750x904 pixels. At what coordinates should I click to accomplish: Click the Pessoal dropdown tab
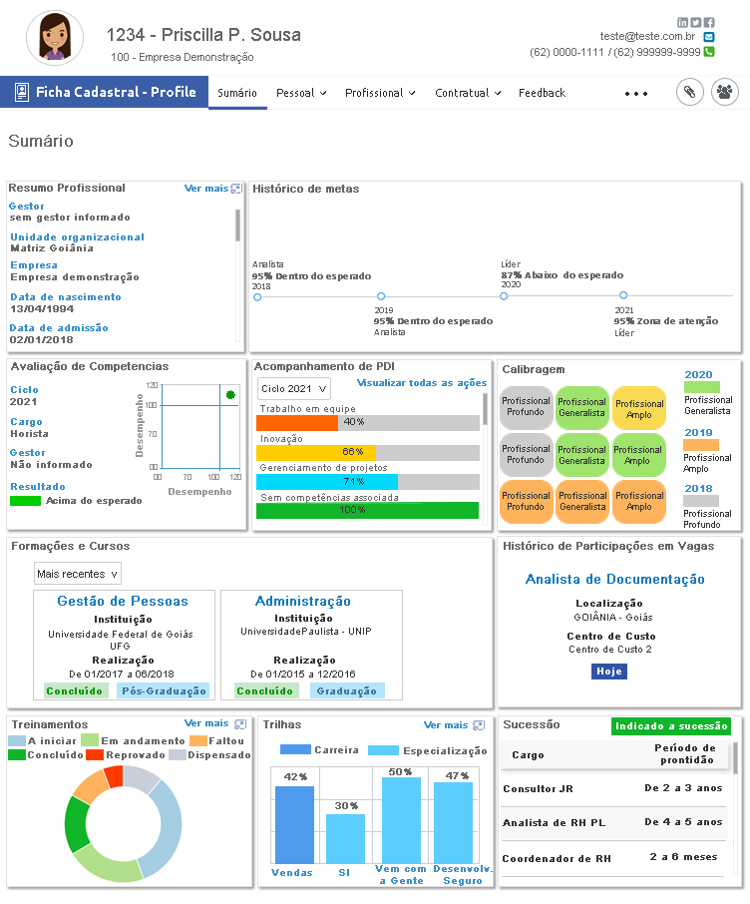pyautogui.click(x=301, y=93)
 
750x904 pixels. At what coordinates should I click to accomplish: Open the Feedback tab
pyautogui.click(x=542, y=93)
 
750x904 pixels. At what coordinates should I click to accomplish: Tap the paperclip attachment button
pyautogui.click(x=689, y=92)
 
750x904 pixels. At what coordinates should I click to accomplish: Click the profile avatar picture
pyautogui.click(x=55, y=38)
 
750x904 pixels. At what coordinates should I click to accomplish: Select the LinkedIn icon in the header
pyautogui.click(x=682, y=23)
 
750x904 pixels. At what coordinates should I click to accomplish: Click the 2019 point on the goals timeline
pyautogui.click(x=381, y=296)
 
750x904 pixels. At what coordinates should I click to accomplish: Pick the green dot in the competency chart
pyautogui.click(x=230, y=395)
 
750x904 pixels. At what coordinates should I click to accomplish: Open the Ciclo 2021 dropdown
pyautogui.click(x=294, y=389)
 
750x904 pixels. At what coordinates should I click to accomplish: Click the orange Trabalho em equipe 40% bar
pyautogui.click(x=297, y=423)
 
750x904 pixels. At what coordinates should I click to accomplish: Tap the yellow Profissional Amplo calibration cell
pyautogui.click(x=639, y=409)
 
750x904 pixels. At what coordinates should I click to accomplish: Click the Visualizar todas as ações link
pyautogui.click(x=422, y=383)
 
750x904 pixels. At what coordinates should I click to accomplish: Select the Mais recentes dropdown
pyautogui.click(x=77, y=574)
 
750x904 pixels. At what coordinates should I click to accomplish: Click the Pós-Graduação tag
pyautogui.click(x=164, y=690)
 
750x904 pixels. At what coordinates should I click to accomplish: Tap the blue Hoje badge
pyautogui.click(x=609, y=672)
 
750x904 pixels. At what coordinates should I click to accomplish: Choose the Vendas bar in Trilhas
pyautogui.click(x=294, y=824)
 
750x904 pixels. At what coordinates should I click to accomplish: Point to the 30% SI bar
pyautogui.click(x=346, y=838)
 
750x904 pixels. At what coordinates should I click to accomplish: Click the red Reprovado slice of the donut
pyautogui.click(x=114, y=776)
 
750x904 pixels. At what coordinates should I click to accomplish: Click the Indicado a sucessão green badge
pyautogui.click(x=671, y=726)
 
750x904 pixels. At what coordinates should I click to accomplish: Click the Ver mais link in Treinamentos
pyautogui.click(x=206, y=723)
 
